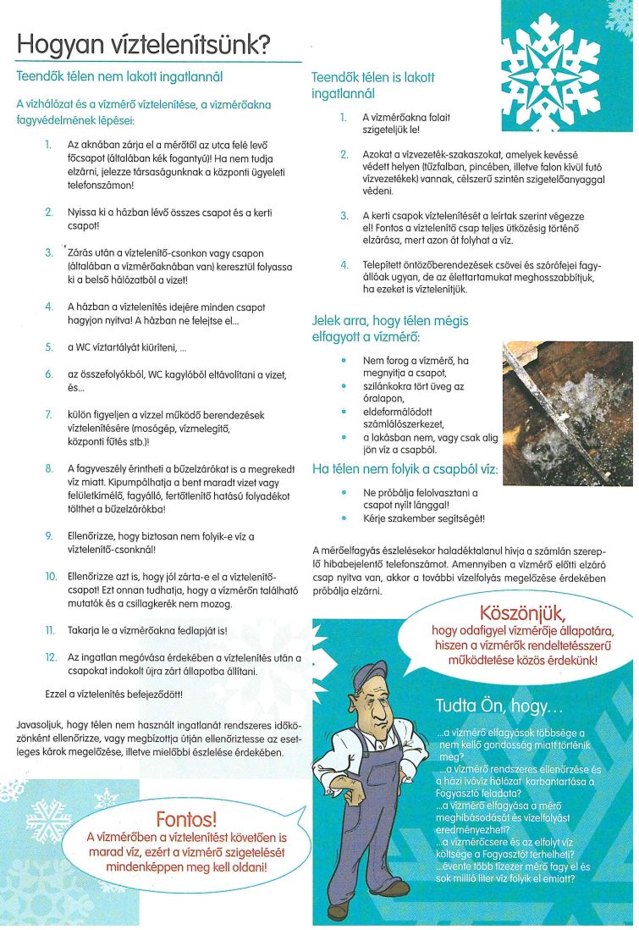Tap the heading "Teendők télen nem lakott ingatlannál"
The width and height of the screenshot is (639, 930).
(x=119, y=76)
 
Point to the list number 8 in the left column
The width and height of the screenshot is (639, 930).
(x=50, y=468)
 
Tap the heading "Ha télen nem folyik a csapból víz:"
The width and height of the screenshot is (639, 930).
(x=405, y=468)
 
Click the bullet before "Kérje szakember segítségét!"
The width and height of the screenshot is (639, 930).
(x=343, y=518)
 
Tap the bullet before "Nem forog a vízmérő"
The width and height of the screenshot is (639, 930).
(x=343, y=360)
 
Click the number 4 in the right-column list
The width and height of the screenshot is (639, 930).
(x=344, y=264)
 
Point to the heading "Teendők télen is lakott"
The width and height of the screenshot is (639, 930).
(x=373, y=77)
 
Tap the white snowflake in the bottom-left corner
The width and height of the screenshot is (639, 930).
(x=49, y=820)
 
